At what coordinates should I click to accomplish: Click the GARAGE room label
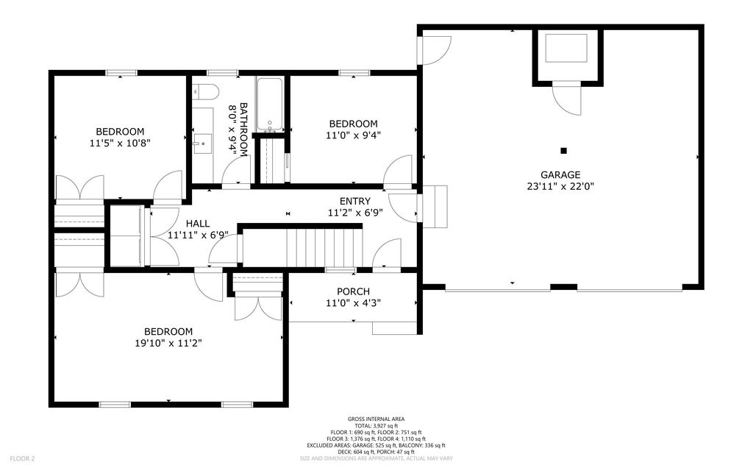click(560, 175)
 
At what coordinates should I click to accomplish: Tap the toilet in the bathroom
click(206, 91)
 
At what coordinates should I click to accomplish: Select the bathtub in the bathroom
click(270, 104)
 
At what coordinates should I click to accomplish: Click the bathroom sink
click(203, 144)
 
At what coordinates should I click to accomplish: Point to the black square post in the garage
click(564, 150)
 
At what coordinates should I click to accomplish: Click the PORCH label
click(353, 291)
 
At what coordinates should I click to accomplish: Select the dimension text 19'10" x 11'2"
click(168, 343)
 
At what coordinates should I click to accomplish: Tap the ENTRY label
click(355, 201)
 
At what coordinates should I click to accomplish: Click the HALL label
click(198, 224)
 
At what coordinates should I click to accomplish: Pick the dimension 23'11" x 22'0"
click(560, 186)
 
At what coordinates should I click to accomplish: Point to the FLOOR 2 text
click(22, 459)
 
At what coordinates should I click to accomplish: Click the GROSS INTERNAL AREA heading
click(376, 419)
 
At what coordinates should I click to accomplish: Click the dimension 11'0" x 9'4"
click(354, 135)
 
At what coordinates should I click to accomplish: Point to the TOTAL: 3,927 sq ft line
click(376, 426)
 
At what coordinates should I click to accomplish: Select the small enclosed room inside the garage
click(567, 56)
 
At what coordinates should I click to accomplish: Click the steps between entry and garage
click(435, 207)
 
